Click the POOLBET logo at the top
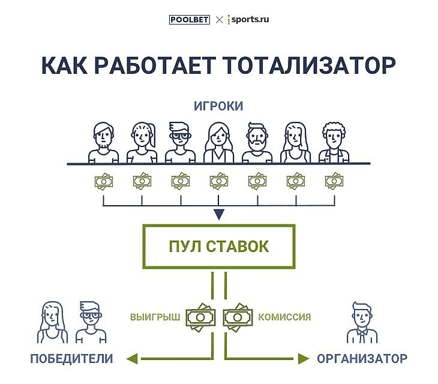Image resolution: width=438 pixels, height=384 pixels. [x=189, y=19]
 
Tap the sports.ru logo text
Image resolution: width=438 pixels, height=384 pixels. [x=249, y=19]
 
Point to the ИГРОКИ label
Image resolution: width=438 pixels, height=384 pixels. [x=218, y=106]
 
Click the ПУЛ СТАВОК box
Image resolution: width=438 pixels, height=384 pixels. [x=218, y=246]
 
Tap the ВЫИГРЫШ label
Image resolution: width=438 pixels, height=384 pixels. [x=155, y=316]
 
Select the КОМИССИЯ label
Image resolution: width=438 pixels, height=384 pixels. [x=284, y=316]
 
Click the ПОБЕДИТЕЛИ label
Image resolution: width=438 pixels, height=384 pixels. [x=71, y=359]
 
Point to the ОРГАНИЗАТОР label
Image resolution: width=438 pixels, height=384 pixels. [x=362, y=359]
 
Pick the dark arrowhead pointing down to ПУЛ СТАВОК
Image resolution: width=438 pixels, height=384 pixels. [x=219, y=214]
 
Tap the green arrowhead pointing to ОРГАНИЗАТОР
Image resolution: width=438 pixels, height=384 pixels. [x=304, y=359]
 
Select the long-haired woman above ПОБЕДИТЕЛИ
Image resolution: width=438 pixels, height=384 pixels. [x=53, y=321]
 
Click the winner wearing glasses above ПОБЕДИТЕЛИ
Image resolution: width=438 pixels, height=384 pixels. [x=91, y=321]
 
